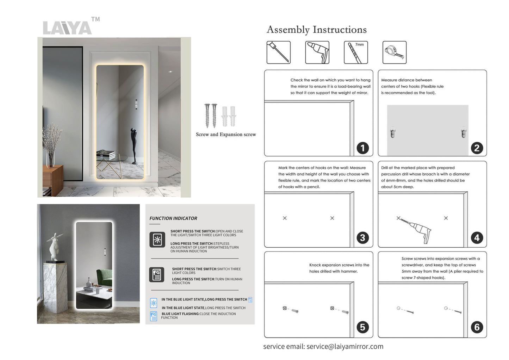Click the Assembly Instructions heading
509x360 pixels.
(x=316, y=30)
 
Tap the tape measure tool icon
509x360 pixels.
(x=394, y=52)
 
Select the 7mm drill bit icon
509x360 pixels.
(x=355, y=52)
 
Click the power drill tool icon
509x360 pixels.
(x=317, y=52)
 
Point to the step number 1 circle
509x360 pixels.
(x=362, y=148)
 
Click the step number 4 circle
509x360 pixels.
(x=477, y=238)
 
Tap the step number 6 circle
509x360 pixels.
(x=477, y=327)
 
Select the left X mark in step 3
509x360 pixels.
(x=285, y=218)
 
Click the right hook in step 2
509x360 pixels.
(x=464, y=133)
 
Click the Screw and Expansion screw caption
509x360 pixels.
(x=226, y=135)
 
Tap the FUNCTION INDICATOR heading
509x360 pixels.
(x=173, y=218)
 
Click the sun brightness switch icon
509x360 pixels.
(x=157, y=240)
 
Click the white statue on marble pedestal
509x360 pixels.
(x=55, y=247)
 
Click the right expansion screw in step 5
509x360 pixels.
(x=344, y=311)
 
